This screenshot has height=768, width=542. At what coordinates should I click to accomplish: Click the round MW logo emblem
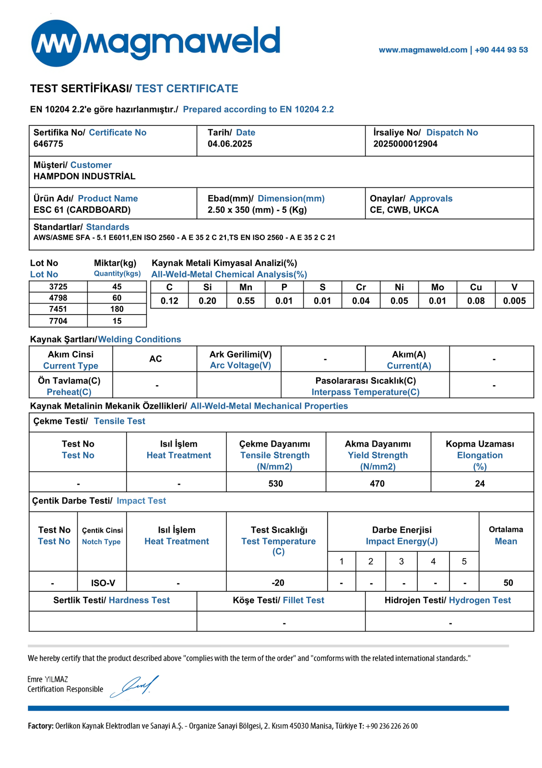coord(56,43)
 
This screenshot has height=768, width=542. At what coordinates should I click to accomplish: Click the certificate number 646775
coord(48,144)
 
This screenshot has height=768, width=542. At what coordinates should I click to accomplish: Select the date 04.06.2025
coord(230,144)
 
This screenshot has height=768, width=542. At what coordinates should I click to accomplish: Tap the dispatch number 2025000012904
coord(405,144)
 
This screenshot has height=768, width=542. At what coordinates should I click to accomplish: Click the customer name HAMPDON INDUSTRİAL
coord(84,176)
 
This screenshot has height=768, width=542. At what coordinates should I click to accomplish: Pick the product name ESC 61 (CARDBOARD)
coord(82,210)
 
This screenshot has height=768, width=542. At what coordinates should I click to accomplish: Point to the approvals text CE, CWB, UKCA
coord(404,210)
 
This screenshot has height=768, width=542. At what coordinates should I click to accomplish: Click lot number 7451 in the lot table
coord(58,309)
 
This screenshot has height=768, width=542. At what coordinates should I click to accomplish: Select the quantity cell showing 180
coord(117,309)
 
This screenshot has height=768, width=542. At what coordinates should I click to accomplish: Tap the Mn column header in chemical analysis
coord(246,287)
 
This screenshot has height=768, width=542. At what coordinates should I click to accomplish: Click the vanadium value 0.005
coord(514,301)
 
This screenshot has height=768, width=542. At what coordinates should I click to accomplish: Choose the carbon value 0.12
coord(169,301)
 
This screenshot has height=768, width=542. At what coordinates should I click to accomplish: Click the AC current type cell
coord(155,359)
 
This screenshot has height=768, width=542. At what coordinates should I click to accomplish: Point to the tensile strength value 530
coord(276,484)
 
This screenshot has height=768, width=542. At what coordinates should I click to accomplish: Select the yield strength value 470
coord(377,484)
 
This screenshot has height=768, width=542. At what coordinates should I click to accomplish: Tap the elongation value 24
coord(480,484)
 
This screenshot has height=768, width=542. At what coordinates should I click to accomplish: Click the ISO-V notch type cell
coord(103,583)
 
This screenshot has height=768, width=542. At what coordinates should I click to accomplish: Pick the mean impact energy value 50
coord(508,583)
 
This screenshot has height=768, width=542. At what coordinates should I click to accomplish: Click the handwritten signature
coord(135,686)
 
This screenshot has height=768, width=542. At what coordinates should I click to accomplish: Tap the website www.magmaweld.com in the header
coord(423,50)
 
